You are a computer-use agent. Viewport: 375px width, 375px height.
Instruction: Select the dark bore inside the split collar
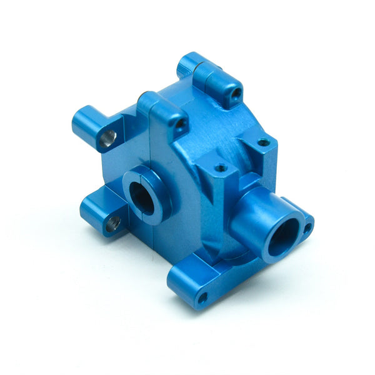pyautogui.click(x=142, y=198)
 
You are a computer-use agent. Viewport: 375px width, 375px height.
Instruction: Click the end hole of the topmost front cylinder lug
pyautogui.click(x=236, y=94)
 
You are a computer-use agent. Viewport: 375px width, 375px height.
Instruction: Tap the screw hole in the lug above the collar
pyautogui.click(x=180, y=125)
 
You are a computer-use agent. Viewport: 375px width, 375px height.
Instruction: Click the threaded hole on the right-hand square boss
pyautogui.click(x=263, y=142)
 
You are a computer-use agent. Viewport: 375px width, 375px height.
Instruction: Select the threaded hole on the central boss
pyautogui.click(x=220, y=167)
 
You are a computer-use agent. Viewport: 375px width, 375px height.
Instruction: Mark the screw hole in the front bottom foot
pyautogui.click(x=202, y=298)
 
